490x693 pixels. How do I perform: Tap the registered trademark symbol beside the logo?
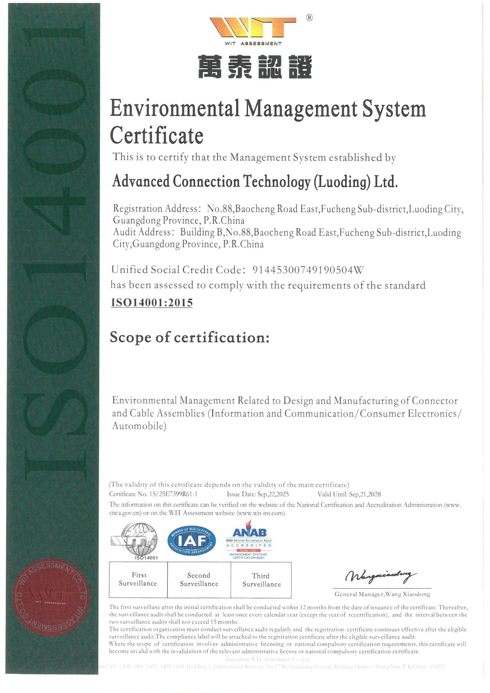point(309,18)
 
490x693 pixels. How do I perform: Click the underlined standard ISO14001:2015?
point(152,302)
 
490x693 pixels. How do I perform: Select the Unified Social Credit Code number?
point(308,270)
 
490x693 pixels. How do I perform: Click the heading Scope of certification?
point(189,337)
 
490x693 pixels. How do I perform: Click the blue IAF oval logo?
point(192,540)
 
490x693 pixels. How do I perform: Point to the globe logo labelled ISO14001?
point(138,540)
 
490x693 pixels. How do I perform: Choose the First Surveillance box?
point(138,580)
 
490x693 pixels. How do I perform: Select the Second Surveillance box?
point(199,580)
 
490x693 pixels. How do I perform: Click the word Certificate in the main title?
point(157,135)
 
